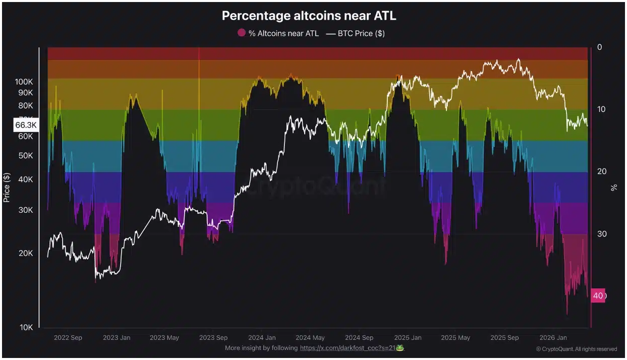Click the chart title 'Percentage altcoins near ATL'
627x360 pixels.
click(x=309, y=16)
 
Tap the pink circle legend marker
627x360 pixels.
click(x=242, y=33)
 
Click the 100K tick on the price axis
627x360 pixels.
click(x=24, y=82)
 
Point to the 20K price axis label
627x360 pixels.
click(x=26, y=253)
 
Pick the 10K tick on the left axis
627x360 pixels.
click(x=26, y=328)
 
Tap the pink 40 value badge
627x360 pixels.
click(x=598, y=295)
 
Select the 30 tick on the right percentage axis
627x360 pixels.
click(x=602, y=234)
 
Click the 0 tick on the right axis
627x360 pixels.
click(x=600, y=47)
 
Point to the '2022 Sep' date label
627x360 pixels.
click(x=68, y=338)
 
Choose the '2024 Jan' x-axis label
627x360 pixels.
click(x=262, y=338)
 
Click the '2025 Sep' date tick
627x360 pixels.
click(x=504, y=338)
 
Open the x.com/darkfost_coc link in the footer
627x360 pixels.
click(x=348, y=348)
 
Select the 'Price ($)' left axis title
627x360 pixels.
click(x=7, y=187)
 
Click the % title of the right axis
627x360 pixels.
click(x=614, y=188)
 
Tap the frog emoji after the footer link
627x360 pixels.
click(x=400, y=348)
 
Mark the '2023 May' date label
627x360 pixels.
click(x=165, y=338)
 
